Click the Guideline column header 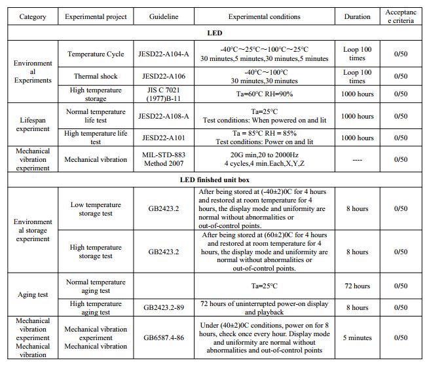pos(163,16)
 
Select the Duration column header pos(357,16)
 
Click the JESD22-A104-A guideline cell pos(163,54)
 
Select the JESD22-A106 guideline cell pos(163,76)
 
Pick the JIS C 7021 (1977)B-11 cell pos(163,94)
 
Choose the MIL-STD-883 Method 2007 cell pos(163,159)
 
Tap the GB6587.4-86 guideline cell pos(163,338)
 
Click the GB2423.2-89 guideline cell pos(163,307)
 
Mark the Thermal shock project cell pos(96,76)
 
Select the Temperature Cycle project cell pos(96,54)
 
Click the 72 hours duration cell pos(357,286)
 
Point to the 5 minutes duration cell pos(357,338)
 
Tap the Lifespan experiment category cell pos(33,125)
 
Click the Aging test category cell pos(33,295)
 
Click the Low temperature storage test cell pos(96,209)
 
